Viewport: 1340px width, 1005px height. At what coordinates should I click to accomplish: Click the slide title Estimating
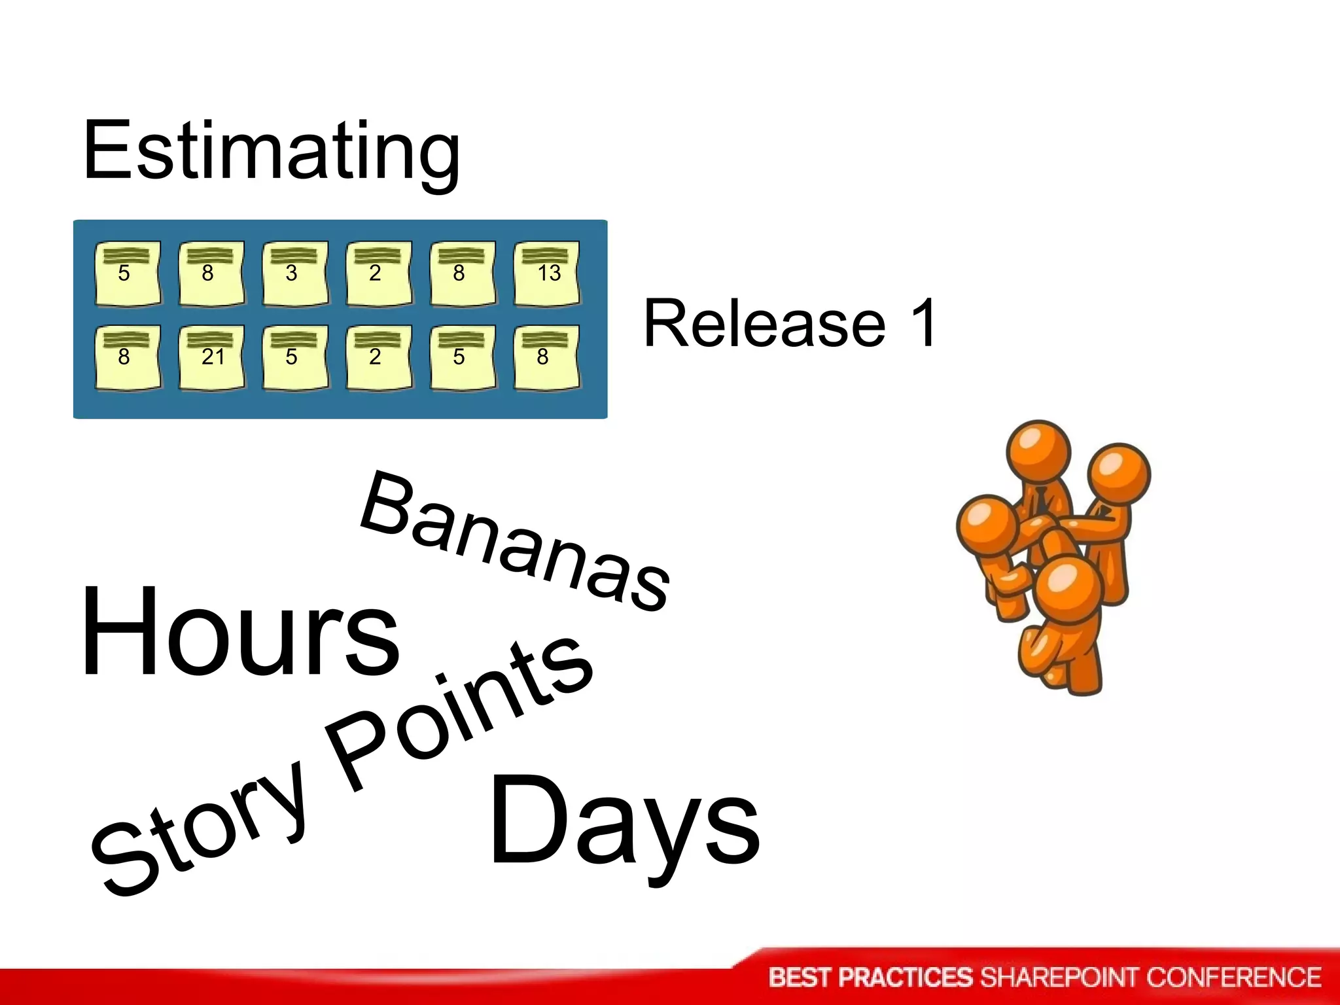[x=271, y=152]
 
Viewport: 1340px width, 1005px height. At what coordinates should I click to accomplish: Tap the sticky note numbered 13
[x=547, y=273]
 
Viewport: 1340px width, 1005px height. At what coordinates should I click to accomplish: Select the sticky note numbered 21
[x=212, y=357]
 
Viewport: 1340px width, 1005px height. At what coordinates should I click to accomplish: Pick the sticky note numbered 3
[x=295, y=273]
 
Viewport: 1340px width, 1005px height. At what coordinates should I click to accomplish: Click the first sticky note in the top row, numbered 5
[x=128, y=273]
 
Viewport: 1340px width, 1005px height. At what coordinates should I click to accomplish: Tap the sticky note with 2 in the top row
[x=379, y=273]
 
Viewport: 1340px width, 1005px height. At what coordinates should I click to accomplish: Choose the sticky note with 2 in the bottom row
[x=379, y=357]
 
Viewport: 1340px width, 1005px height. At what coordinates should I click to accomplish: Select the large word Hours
[x=239, y=632]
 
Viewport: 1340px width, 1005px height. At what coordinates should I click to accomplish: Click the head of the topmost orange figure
[x=1038, y=452]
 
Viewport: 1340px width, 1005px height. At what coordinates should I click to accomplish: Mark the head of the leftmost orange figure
[x=988, y=527]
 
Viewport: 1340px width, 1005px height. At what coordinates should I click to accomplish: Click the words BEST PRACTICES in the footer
[x=871, y=978]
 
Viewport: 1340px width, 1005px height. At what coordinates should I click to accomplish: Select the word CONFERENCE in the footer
[x=1233, y=978]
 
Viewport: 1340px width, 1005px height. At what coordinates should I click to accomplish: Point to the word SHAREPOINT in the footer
[x=1059, y=978]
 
